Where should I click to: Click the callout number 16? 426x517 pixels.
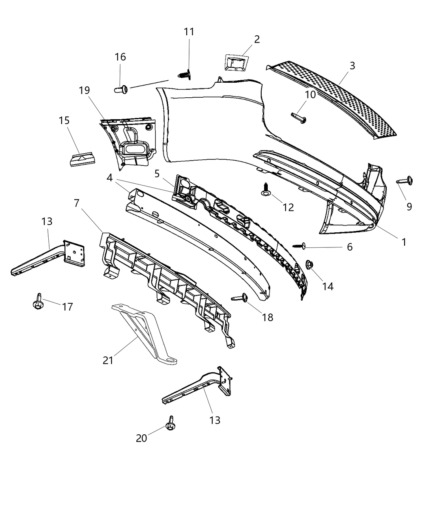(120, 57)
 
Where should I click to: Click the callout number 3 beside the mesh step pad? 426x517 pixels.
(352, 66)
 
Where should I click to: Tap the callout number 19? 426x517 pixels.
(84, 90)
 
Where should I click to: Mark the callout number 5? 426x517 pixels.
(157, 174)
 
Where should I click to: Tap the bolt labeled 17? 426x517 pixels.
(37, 302)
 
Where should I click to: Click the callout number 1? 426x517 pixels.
(404, 242)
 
